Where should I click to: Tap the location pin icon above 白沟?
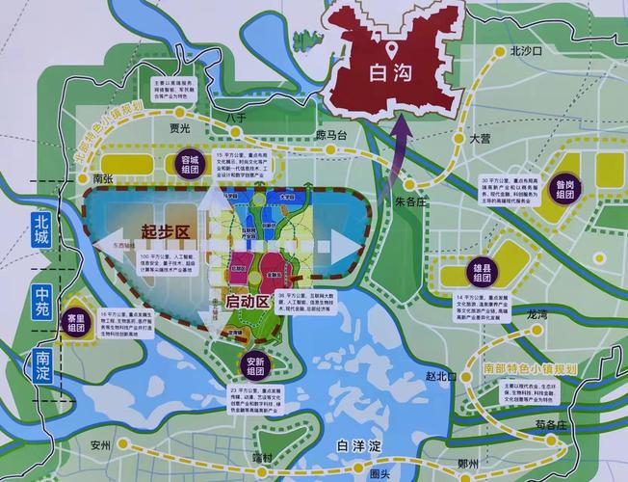tap(392, 48)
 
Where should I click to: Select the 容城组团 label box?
tap(196, 165)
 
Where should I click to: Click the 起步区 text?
tap(162, 231)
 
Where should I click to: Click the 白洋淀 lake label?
tap(361, 445)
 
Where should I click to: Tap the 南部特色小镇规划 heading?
tap(530, 369)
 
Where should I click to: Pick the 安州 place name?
tap(101, 445)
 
